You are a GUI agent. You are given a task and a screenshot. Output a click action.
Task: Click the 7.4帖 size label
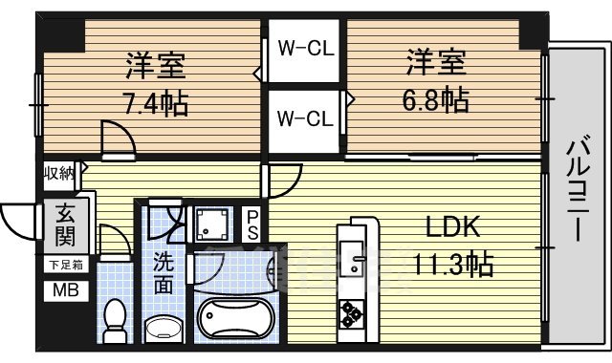tap(155, 102)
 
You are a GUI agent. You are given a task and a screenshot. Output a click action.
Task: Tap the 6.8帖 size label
tap(436, 99)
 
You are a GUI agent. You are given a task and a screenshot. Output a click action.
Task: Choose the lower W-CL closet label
tap(305, 118)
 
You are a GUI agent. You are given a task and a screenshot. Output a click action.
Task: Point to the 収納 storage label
tap(57, 173)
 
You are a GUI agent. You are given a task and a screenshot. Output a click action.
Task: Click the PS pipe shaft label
tap(251, 224)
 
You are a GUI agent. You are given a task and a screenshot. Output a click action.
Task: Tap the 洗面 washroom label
tap(164, 271)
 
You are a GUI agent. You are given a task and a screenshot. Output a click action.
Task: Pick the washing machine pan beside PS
tap(211, 225)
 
